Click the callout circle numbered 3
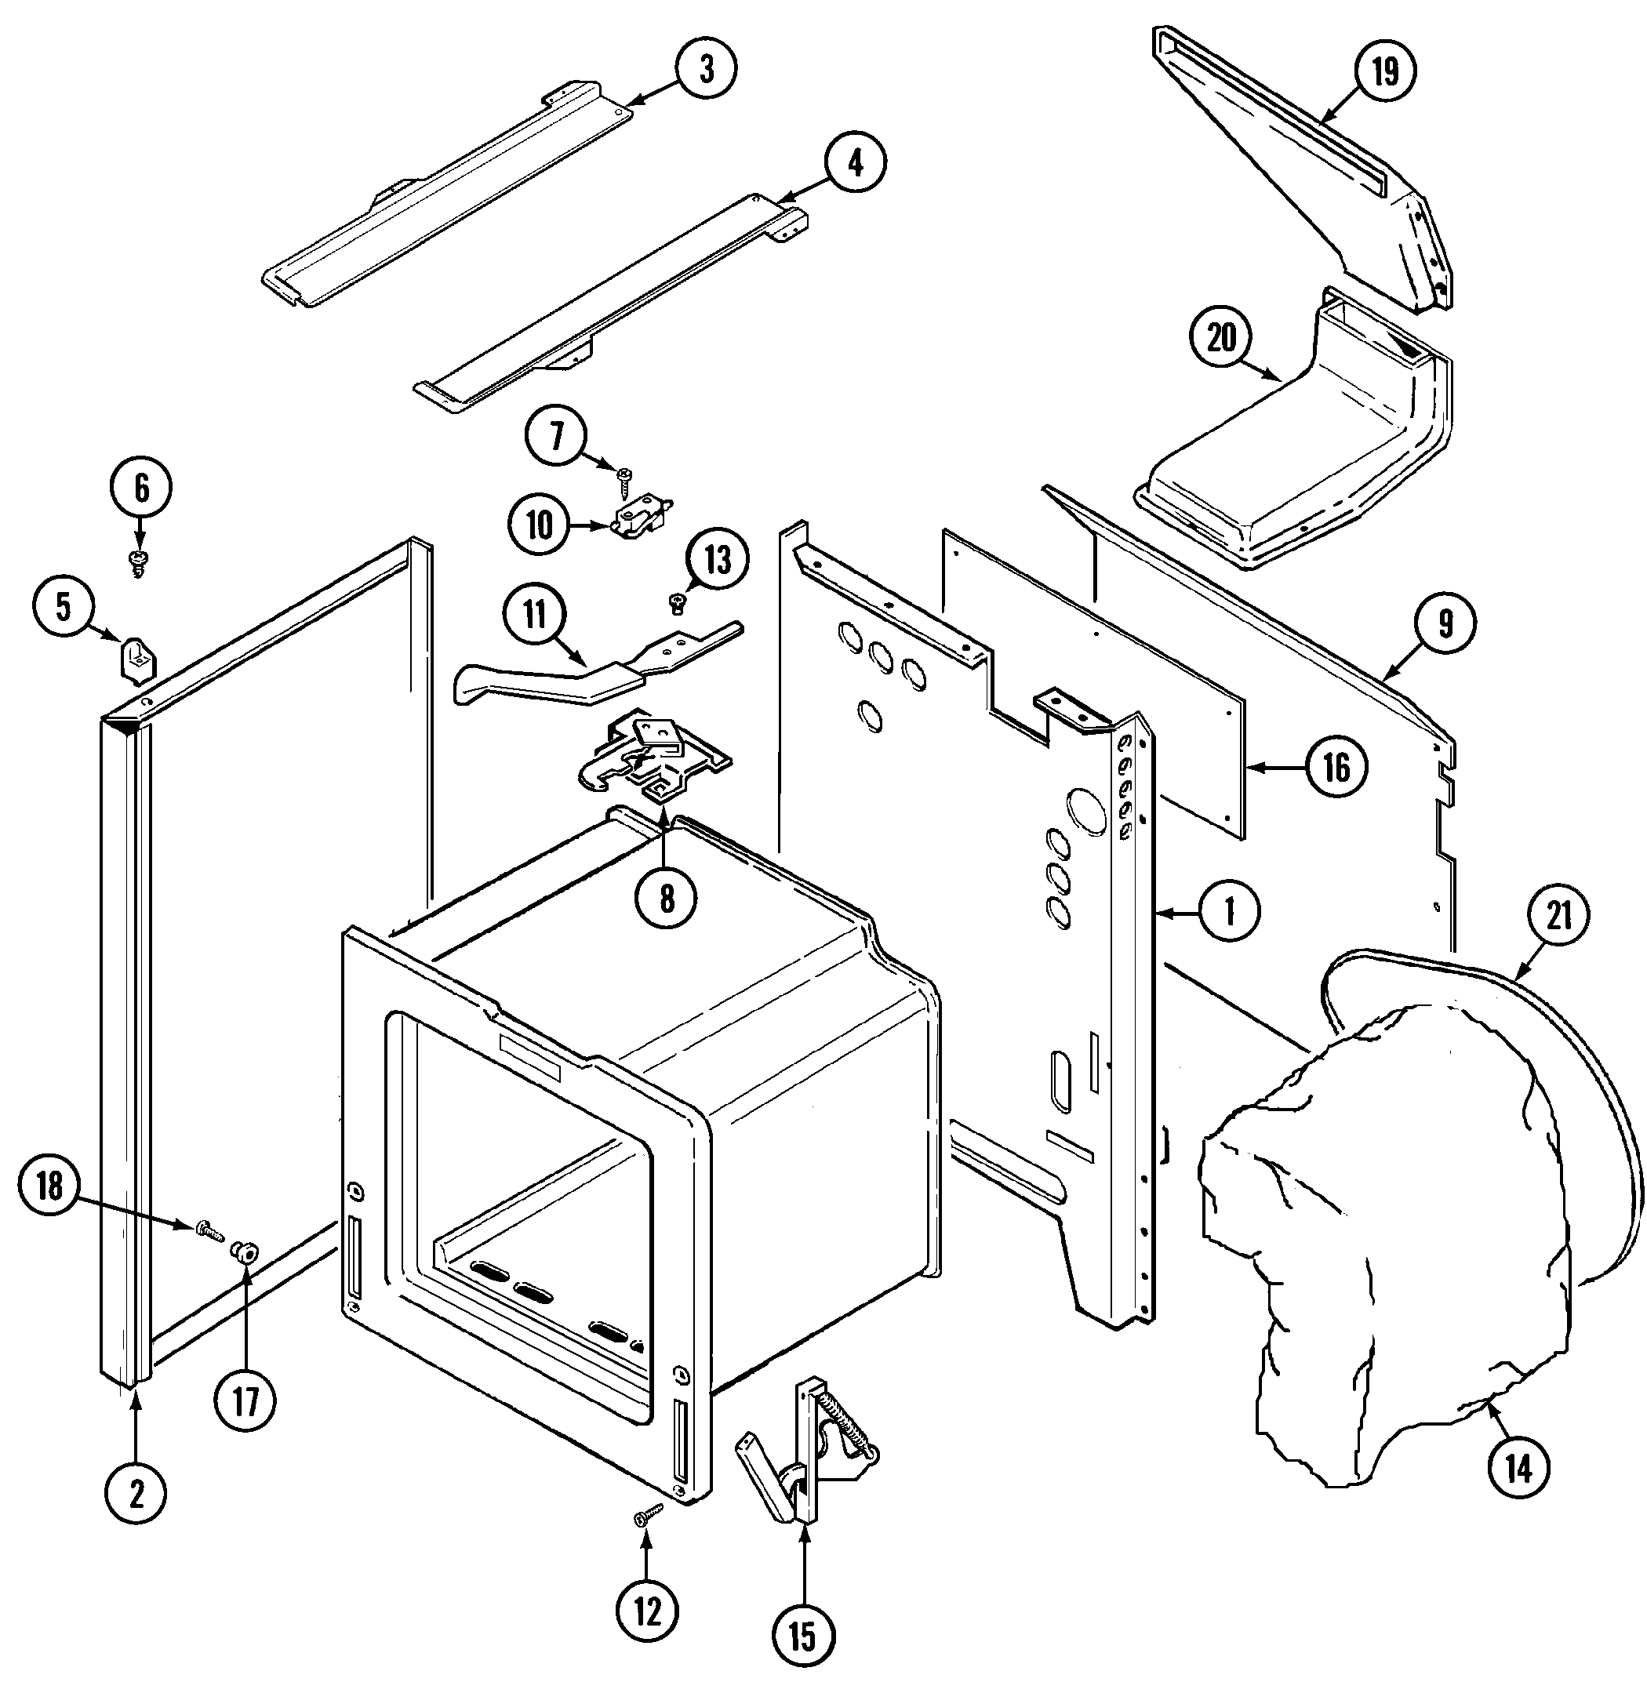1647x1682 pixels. click(707, 68)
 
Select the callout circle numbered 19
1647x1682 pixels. click(1385, 70)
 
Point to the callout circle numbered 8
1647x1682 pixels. click(666, 899)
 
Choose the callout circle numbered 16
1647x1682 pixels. click(1336, 766)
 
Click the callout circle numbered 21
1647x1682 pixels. click(1558, 916)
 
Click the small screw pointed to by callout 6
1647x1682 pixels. click(137, 562)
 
